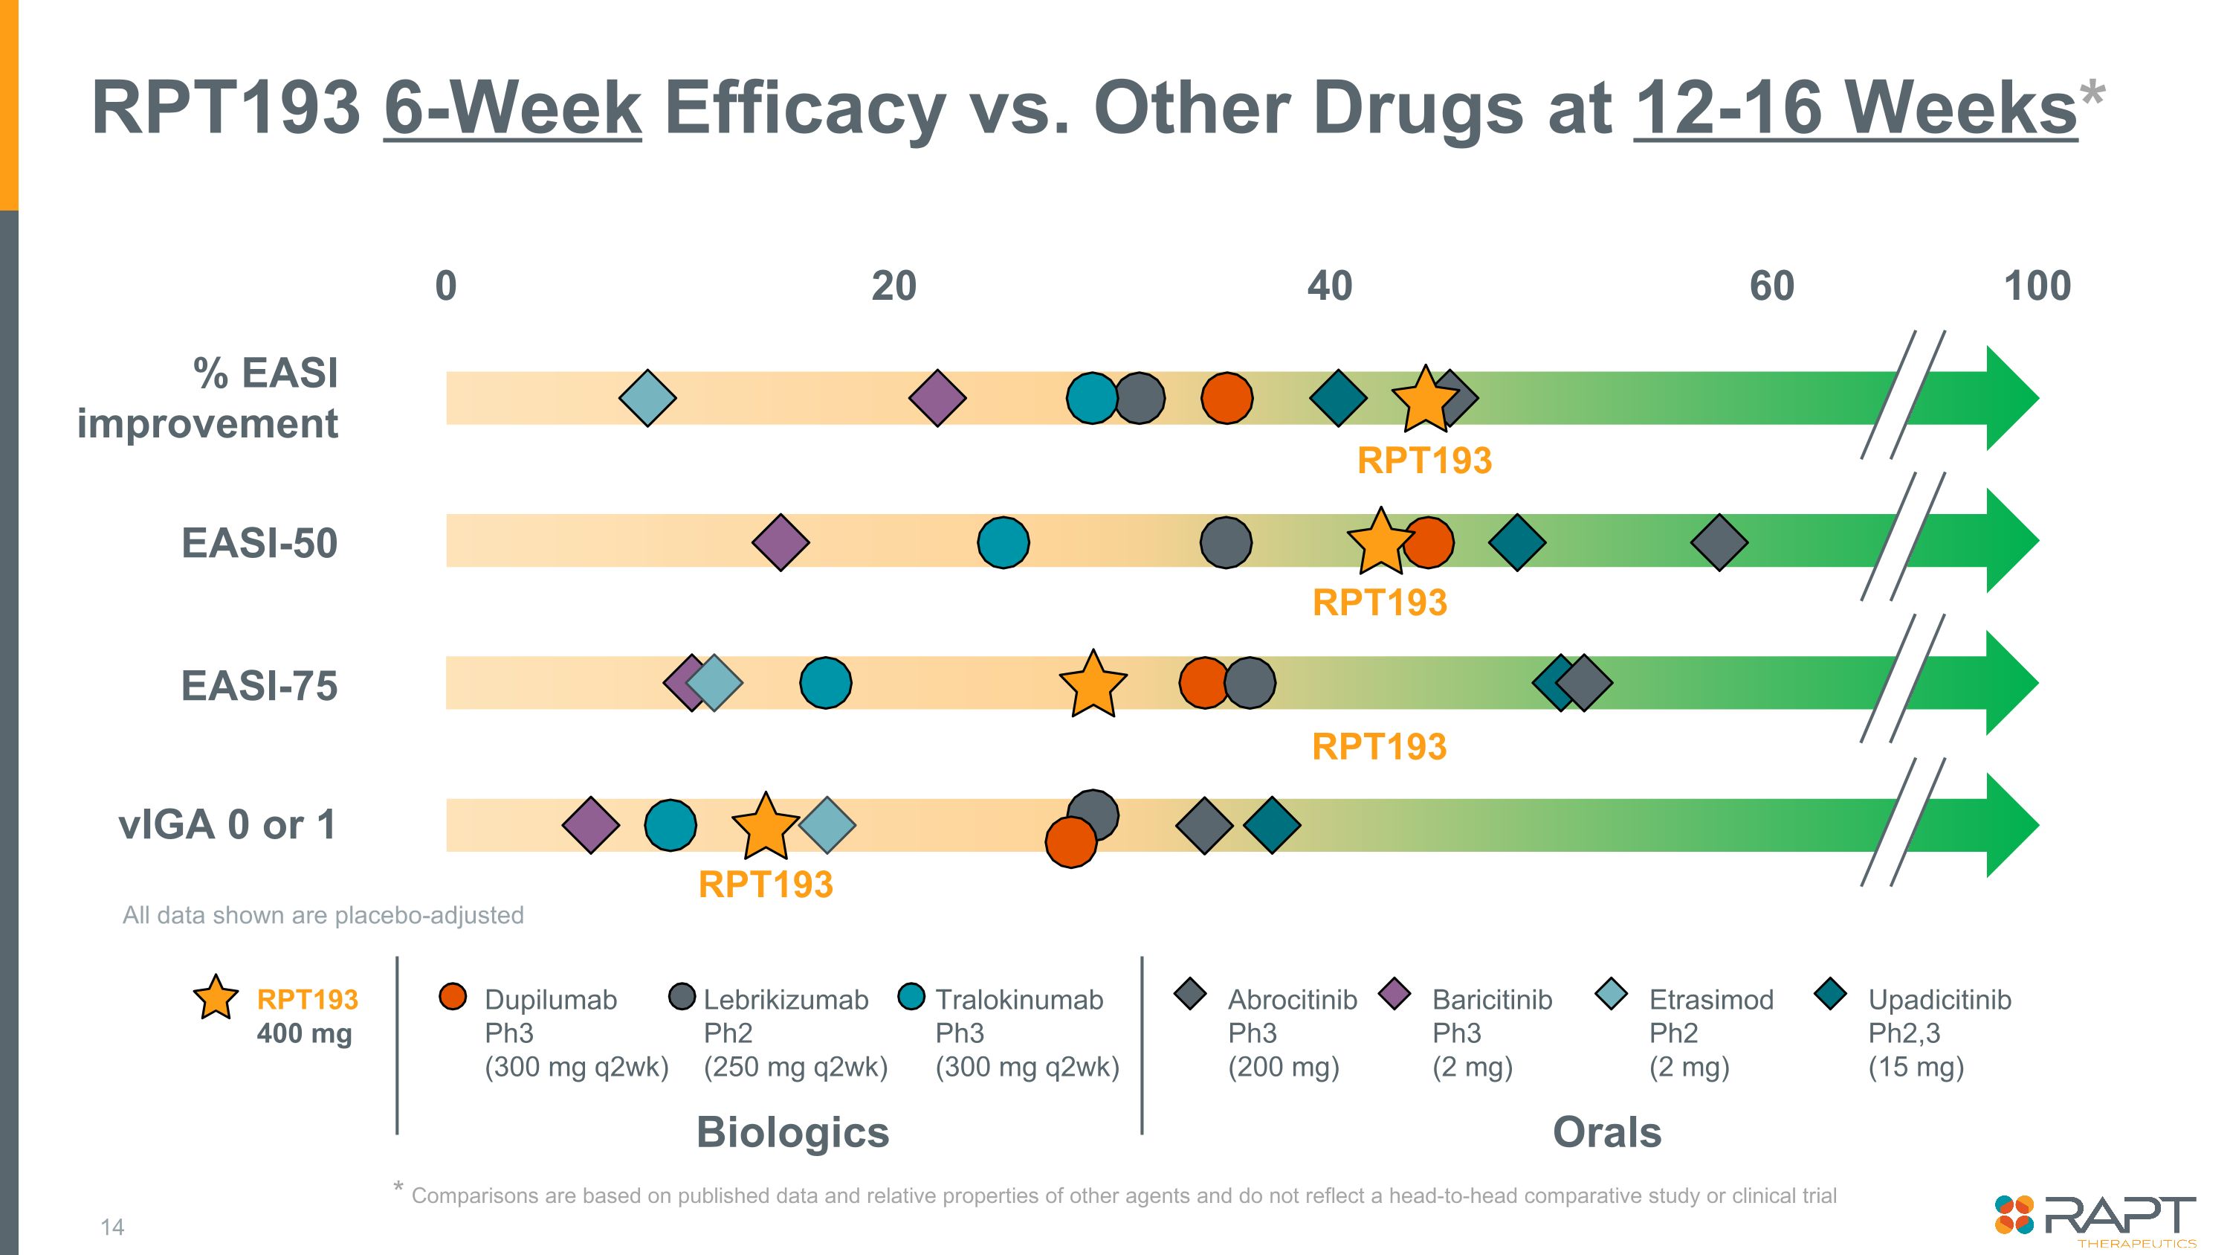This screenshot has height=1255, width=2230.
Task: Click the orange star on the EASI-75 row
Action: click(1093, 684)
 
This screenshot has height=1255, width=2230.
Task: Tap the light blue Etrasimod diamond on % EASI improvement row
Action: click(647, 399)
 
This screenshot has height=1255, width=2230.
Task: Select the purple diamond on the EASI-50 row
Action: click(780, 542)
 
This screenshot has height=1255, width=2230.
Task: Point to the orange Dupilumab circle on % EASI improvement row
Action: click(1226, 399)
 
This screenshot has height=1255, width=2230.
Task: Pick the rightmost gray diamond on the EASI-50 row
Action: click(1719, 542)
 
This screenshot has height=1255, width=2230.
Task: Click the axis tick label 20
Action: click(893, 286)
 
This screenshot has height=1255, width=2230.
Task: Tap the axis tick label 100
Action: click(2037, 286)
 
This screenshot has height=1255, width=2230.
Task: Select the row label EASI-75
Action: click(259, 686)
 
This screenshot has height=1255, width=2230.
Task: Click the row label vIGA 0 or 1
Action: click(227, 824)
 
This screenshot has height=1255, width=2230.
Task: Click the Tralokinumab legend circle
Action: click(911, 996)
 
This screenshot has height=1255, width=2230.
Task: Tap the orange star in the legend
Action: click(216, 997)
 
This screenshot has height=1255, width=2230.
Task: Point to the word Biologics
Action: click(792, 1132)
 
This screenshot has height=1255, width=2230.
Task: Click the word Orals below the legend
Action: click(1606, 1132)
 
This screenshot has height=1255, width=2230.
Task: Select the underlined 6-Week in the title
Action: click(512, 109)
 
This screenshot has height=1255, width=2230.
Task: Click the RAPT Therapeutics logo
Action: click(2094, 1219)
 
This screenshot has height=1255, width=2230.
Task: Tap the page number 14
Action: click(112, 1227)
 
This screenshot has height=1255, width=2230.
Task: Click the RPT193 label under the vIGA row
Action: click(766, 885)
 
